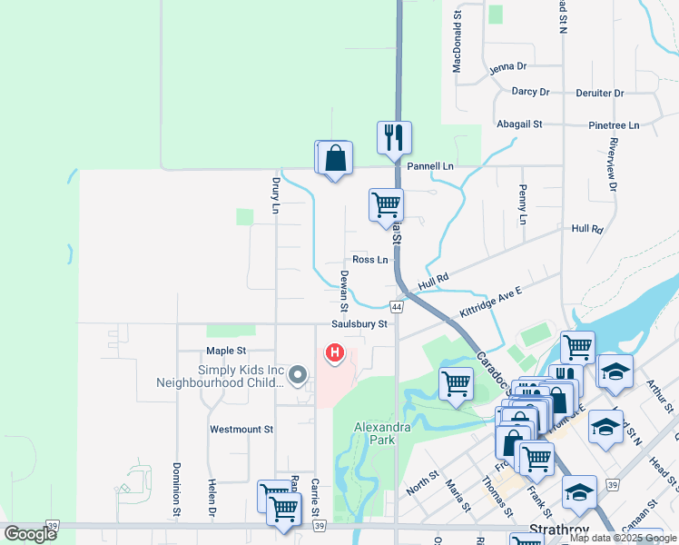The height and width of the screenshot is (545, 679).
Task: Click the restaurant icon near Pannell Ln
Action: pos(394,138)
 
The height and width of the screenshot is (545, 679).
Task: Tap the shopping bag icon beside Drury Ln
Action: pos(335,157)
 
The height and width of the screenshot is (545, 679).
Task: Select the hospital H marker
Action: pos(335,352)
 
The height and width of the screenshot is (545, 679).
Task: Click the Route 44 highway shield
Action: pos(398,306)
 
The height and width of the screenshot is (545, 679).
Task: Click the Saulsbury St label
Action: pos(359,323)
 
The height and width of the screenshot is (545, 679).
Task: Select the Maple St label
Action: pos(226,351)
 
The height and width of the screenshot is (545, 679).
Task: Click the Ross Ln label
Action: pos(369,260)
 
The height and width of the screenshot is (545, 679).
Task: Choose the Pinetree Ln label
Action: pos(614,124)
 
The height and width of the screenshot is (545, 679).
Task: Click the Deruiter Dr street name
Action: pos(600,93)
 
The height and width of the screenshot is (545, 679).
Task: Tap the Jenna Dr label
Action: pos(507,67)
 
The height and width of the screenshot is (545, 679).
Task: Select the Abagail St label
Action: pos(518,124)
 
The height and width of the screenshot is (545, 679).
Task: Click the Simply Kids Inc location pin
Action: pos(301,373)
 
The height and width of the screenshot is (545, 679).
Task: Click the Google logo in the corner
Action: pos(30,534)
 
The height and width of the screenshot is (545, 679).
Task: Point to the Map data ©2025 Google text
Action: pos(623,538)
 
